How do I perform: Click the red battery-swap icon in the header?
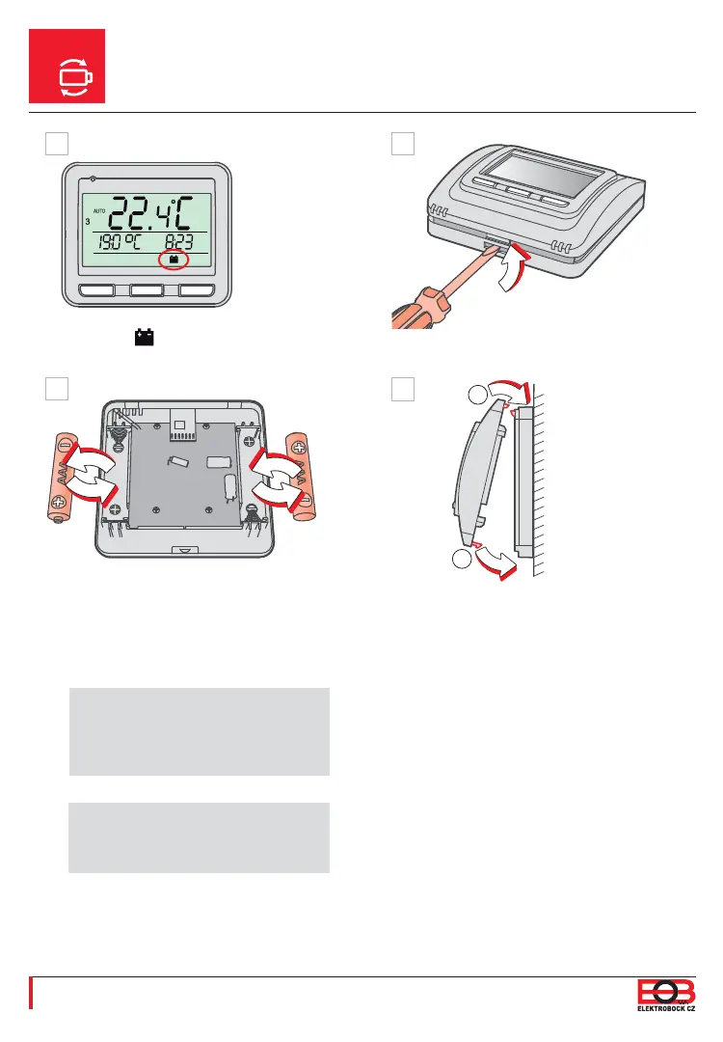(67, 67)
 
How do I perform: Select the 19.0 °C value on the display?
(108, 241)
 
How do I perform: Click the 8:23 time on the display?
(180, 241)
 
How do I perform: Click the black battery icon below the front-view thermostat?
(146, 338)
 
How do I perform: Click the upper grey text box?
(199, 731)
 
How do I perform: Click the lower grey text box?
(199, 836)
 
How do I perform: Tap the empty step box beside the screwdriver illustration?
(402, 144)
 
